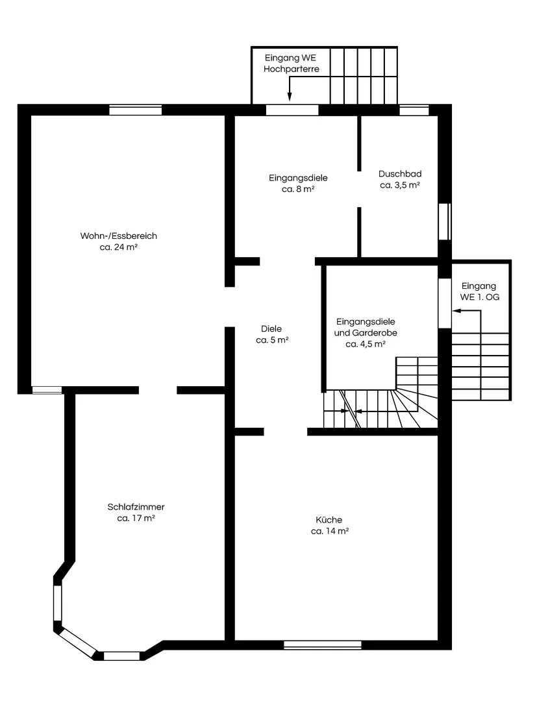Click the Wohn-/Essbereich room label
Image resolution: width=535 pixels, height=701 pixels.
point(119,236)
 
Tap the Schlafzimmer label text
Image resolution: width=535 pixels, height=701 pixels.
point(136,507)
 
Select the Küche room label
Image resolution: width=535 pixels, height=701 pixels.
point(329,519)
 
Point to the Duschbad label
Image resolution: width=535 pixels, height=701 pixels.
point(400,173)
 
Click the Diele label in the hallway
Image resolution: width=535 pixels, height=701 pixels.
point(271,328)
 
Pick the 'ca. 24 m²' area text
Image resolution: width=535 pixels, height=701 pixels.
point(119,247)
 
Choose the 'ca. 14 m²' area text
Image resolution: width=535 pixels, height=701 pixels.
point(330,531)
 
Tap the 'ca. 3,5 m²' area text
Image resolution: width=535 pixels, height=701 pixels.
point(400,185)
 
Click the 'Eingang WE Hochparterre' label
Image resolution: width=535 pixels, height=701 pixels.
point(291,63)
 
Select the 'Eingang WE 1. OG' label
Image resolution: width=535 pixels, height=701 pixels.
point(479,291)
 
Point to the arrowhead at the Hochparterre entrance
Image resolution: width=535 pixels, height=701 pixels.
point(290,96)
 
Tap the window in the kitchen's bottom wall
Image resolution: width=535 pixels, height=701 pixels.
point(323,645)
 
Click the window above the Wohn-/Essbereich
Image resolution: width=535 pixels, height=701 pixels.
point(136,110)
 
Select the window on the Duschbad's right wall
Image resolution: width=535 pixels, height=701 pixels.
point(445,222)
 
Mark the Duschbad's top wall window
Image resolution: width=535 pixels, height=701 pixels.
point(414,110)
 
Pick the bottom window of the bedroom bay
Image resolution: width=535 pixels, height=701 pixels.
point(121,656)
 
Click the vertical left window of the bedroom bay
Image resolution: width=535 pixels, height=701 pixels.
point(58,603)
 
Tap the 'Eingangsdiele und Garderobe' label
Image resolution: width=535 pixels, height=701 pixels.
point(366,332)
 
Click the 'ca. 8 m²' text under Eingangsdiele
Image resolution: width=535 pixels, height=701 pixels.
point(299,189)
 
